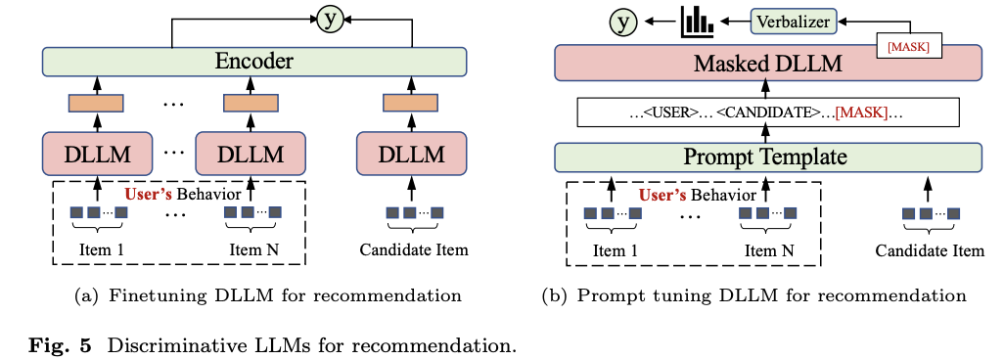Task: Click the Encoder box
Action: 253,63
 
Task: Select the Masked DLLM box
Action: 768,63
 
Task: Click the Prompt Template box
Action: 768,157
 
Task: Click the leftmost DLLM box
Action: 96,154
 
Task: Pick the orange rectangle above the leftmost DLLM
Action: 96,102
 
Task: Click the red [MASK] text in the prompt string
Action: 861,112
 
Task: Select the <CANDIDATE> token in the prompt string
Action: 769,112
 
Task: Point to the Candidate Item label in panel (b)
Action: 929,250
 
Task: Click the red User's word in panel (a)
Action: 147,193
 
